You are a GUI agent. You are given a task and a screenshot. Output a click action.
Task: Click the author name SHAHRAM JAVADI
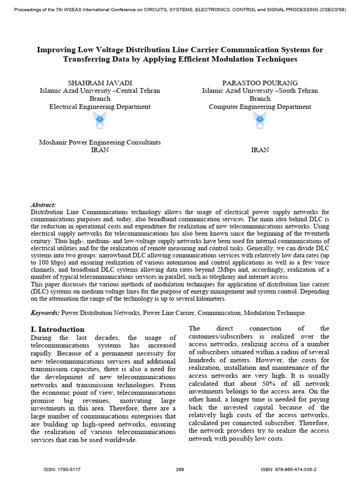pyautogui.click(x=100, y=82)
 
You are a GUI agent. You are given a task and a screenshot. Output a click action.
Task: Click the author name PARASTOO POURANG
pyautogui.click(x=260, y=82)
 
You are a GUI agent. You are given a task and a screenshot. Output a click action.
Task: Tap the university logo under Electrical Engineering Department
pyautogui.click(x=100, y=122)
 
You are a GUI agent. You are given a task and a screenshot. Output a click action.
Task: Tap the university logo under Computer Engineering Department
pyautogui.click(x=260, y=122)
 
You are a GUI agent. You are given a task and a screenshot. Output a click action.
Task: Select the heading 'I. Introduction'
pyautogui.click(x=58, y=329)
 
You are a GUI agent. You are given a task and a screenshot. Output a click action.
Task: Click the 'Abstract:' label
pyautogui.click(x=43, y=205)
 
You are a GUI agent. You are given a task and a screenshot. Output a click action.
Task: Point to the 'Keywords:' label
pyautogui.click(x=45, y=313)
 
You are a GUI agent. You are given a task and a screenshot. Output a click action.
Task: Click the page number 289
pyautogui.click(x=180, y=469)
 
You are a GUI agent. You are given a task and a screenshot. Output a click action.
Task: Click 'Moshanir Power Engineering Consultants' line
pyautogui.click(x=100, y=142)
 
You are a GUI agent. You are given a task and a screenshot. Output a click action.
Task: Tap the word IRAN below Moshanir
pyautogui.click(x=100, y=150)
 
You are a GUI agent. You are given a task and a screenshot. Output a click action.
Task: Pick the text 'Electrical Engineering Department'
pyautogui.click(x=100, y=106)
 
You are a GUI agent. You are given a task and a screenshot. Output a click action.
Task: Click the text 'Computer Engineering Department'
pyautogui.click(x=260, y=106)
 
